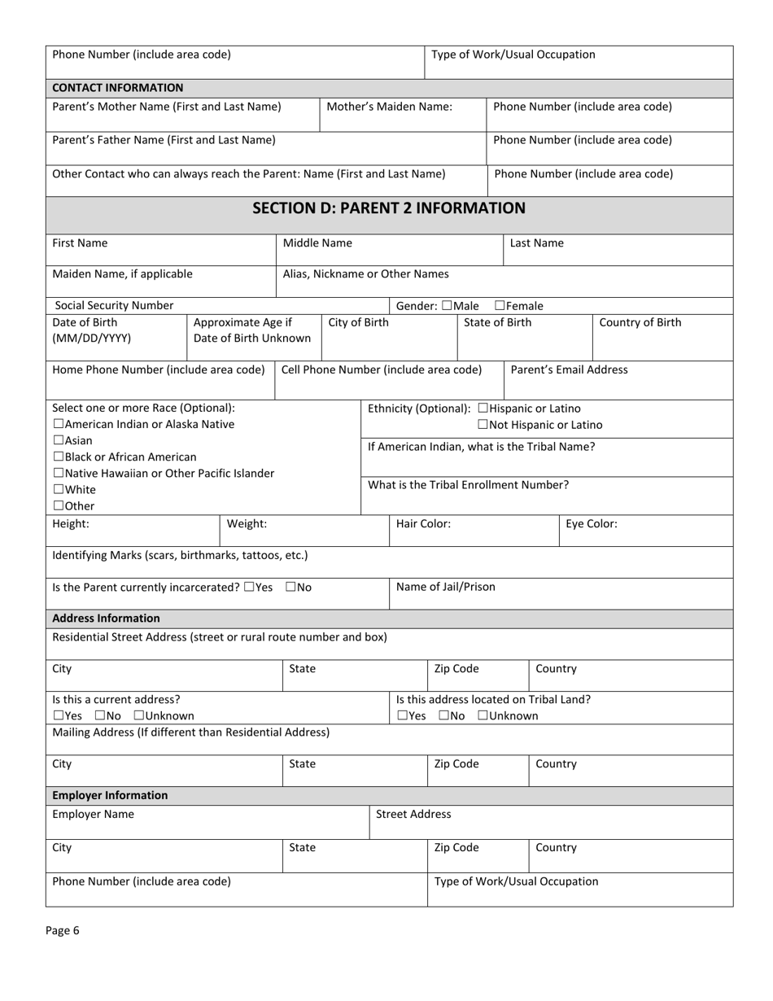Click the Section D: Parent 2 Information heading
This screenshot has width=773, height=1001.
point(389,208)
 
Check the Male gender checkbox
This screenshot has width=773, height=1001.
point(446,306)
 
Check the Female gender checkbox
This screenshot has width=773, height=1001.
point(500,306)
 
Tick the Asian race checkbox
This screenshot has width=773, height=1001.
point(58,441)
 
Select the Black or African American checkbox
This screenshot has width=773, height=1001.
point(58,457)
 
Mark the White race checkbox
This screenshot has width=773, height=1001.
point(58,490)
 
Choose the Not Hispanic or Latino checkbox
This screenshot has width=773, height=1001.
point(483,425)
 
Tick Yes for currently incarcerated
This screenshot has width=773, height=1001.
point(249,587)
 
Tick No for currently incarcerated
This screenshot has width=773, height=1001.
point(290,587)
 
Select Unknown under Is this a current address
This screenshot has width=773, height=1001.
point(139,716)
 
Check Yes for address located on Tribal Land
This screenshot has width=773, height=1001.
point(402,716)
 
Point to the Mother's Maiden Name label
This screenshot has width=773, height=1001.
point(389,107)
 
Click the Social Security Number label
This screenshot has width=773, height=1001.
point(114,306)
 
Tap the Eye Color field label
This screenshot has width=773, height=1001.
point(591,524)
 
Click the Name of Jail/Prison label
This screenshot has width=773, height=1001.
point(445,587)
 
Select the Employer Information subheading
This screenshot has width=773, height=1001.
point(110,795)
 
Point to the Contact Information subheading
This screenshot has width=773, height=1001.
point(117,88)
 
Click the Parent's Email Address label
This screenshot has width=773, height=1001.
point(569,369)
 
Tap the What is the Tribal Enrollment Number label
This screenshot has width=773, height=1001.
point(468,485)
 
